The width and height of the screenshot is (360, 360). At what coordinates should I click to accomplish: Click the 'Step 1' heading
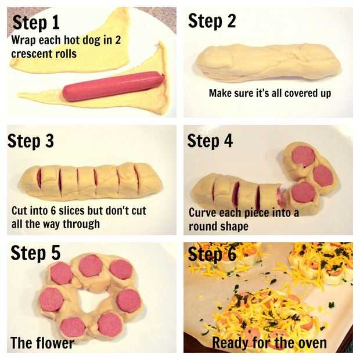click(36, 23)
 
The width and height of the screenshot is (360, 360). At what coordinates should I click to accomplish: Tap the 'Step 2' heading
click(212, 21)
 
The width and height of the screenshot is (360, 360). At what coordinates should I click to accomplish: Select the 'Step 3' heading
click(31, 141)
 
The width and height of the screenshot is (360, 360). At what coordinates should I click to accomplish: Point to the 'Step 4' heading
click(210, 141)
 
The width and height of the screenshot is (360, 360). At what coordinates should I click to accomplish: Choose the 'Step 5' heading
click(35, 253)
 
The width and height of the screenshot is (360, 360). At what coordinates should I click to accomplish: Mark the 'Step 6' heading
click(212, 254)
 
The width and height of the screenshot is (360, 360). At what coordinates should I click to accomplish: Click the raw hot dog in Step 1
click(113, 86)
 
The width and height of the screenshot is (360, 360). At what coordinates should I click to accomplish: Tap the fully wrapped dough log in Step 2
click(268, 63)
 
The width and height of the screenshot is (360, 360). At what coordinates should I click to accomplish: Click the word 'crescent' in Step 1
click(28, 54)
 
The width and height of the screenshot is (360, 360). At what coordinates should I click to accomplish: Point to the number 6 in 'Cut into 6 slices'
click(53, 211)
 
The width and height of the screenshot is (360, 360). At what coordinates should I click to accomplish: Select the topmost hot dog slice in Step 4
click(304, 156)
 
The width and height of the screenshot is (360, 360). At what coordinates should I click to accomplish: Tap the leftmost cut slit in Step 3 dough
click(39, 179)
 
